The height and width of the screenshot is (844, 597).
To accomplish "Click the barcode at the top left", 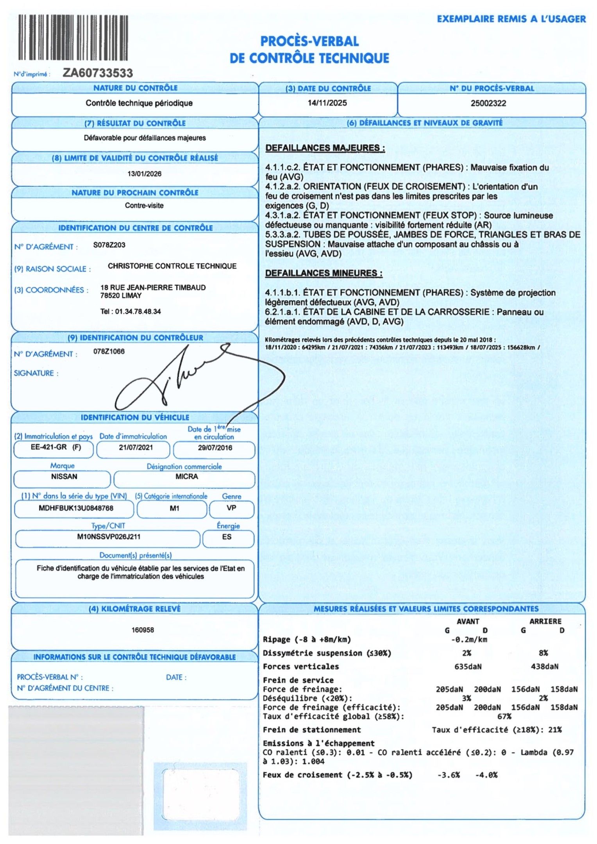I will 73,38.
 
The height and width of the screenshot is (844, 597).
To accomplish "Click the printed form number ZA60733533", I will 98,73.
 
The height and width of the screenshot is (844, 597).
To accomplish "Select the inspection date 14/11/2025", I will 327,103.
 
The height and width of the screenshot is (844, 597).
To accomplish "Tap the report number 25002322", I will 488,104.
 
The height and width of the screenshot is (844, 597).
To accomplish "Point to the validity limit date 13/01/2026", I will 144,174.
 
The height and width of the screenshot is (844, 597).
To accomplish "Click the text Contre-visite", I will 144,206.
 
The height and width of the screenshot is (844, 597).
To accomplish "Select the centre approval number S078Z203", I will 109,245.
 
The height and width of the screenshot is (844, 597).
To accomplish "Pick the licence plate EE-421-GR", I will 49,447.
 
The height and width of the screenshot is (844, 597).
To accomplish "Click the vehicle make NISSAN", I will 64,477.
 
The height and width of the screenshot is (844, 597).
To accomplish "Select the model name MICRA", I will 186,477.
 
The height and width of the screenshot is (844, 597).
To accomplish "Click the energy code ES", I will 227,537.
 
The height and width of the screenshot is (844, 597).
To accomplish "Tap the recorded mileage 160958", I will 143,630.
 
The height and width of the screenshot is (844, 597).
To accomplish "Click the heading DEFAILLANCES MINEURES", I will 324,273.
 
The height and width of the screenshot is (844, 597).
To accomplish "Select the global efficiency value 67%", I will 504,716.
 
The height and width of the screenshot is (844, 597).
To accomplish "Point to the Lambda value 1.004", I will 313,761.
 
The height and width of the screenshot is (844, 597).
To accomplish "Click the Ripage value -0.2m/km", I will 469,639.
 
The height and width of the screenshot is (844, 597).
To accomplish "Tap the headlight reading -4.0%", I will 486,775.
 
